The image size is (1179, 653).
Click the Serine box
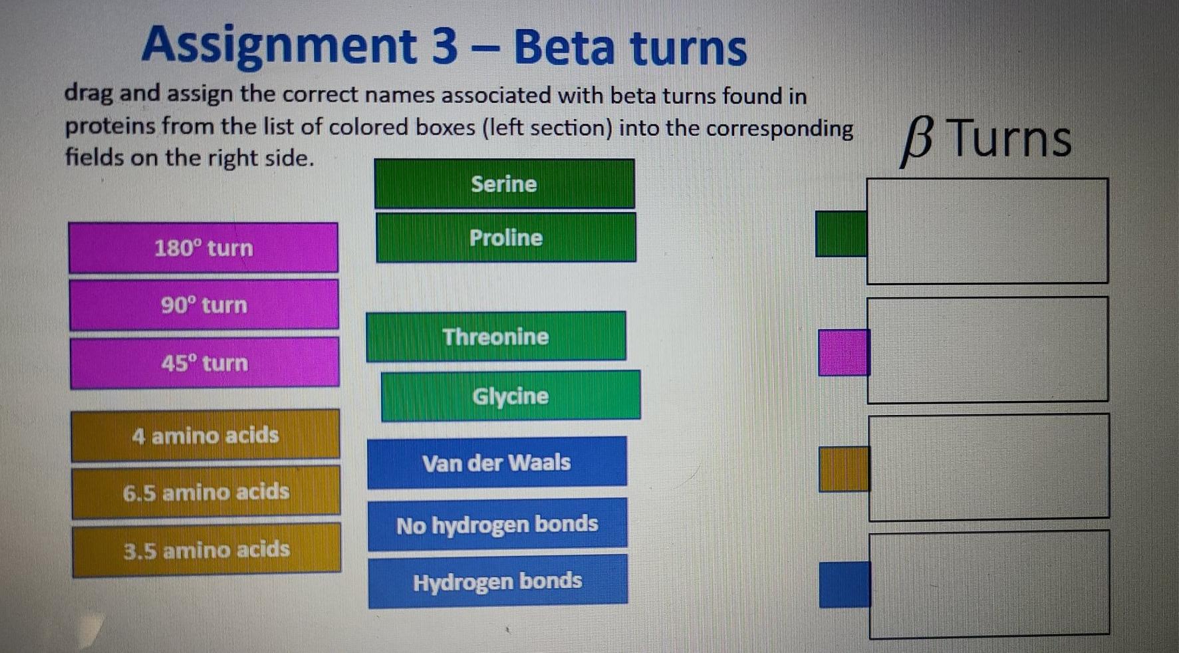[504, 184]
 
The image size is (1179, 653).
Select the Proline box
[505, 237]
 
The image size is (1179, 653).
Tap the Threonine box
[495, 336]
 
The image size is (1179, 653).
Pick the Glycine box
[510, 396]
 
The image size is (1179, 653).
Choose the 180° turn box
[203, 248]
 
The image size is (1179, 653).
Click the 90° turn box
[203, 305]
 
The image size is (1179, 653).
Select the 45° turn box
[204, 363]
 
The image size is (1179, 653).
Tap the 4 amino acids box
[205, 436]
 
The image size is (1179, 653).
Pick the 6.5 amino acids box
[205, 492]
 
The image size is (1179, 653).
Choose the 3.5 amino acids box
[206, 550]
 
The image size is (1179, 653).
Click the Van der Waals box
[496, 463]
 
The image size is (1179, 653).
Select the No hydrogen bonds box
[497, 525]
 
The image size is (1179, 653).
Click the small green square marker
[841, 233]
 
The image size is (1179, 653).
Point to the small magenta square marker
[843, 352]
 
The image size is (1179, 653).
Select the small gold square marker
[843, 469]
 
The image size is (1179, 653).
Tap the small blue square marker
[844, 585]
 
